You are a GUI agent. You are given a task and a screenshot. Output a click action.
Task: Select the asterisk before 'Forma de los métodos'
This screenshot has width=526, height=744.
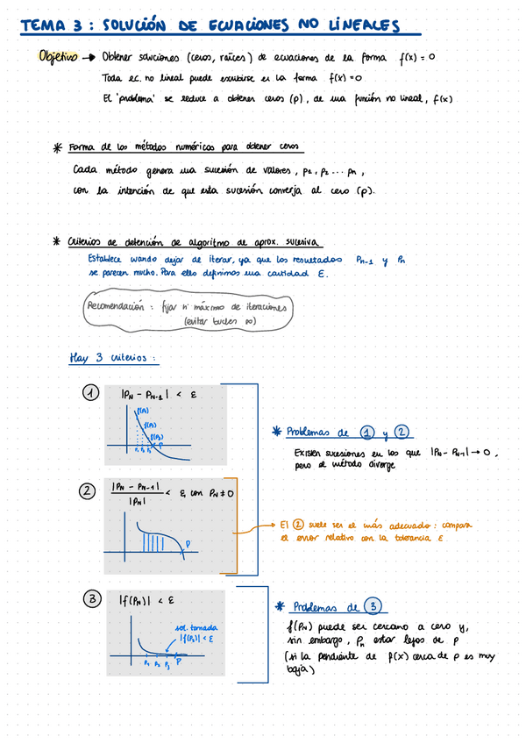[x=58, y=148]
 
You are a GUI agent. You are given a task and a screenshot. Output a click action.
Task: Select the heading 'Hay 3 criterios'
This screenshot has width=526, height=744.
[x=113, y=358]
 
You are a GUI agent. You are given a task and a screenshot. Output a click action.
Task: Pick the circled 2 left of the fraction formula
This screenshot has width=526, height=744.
[x=87, y=491]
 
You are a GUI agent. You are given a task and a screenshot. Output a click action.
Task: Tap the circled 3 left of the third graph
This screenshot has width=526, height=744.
[x=91, y=599]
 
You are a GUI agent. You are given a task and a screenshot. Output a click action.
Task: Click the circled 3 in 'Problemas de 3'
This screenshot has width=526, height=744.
[x=373, y=606]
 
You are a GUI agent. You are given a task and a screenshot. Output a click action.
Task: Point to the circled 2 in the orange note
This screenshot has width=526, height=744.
[x=297, y=524]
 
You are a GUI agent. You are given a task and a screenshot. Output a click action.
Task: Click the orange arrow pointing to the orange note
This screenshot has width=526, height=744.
[x=265, y=526]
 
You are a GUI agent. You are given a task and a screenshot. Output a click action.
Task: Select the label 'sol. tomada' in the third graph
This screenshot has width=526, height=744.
[x=197, y=627]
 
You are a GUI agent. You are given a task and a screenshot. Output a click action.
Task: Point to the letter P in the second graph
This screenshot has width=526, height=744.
[x=185, y=544]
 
